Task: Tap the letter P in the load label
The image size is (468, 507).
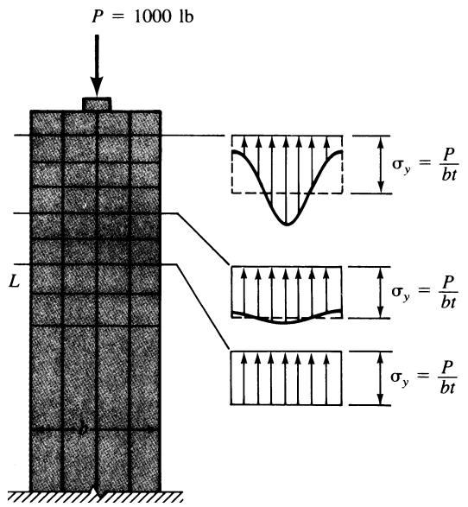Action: (98, 16)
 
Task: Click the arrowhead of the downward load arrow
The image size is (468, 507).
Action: (97, 86)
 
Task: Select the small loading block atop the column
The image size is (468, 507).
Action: (97, 105)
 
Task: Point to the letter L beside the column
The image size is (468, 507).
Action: (14, 281)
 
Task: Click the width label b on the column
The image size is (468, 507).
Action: (83, 429)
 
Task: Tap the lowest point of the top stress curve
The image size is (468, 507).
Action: (286, 225)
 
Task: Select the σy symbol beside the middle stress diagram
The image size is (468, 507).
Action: (401, 293)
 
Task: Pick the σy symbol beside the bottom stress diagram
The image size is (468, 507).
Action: (400, 378)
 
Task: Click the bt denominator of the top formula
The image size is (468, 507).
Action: (449, 175)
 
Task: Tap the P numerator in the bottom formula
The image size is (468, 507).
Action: (447, 367)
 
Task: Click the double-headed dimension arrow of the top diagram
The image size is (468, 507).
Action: (381, 165)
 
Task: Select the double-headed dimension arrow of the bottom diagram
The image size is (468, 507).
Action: (381, 378)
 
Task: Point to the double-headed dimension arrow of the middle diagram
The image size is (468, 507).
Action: (381, 292)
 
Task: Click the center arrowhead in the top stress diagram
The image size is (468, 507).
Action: (286, 142)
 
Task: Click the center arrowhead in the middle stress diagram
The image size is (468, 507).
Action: (286, 274)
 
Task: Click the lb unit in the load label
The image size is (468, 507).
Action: (185, 16)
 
